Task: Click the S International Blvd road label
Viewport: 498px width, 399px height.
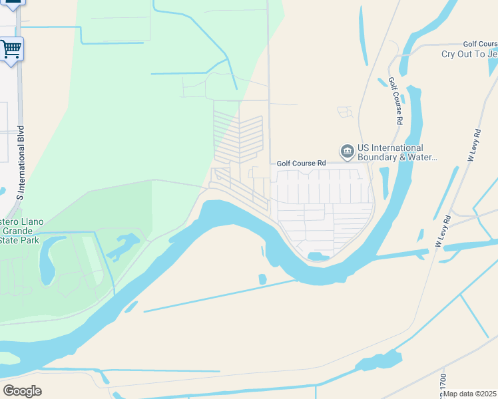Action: pyautogui.click(x=20, y=163)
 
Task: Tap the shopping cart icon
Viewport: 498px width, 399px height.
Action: pyautogui.click(x=11, y=49)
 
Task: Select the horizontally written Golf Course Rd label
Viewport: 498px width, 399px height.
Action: pyautogui.click(x=301, y=163)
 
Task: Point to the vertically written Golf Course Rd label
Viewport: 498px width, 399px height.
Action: pyautogui.click(x=395, y=101)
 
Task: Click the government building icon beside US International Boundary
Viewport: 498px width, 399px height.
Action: pyautogui.click(x=347, y=152)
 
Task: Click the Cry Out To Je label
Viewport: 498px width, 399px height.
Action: pyautogui.click(x=469, y=54)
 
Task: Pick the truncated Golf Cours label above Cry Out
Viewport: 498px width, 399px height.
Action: pyautogui.click(x=480, y=44)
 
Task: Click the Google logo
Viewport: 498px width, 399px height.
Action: pyautogui.click(x=22, y=391)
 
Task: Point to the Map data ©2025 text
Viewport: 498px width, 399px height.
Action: pyautogui.click(x=470, y=394)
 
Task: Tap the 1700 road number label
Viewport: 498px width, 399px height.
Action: pyautogui.click(x=443, y=382)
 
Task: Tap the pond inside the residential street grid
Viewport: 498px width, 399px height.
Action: pyautogui.click(x=318, y=256)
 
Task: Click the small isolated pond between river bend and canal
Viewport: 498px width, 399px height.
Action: pyautogui.click(x=262, y=279)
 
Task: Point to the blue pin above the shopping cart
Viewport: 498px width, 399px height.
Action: pyautogui.click(x=12, y=3)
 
